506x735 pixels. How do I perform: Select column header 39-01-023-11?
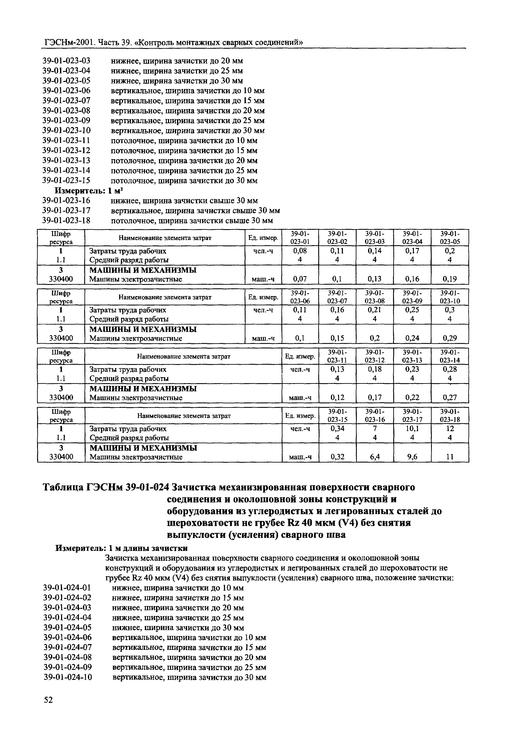[337, 356]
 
